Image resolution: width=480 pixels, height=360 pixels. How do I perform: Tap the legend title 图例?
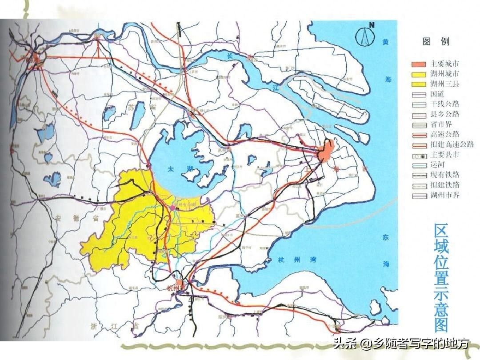pos(436,42)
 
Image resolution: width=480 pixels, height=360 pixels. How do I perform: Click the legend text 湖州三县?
pos(444,84)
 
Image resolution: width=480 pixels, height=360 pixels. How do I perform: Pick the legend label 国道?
pos(437,94)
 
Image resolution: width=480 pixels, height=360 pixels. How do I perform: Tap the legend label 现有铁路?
pos(444,175)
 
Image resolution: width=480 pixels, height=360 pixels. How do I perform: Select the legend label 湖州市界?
pos(444,195)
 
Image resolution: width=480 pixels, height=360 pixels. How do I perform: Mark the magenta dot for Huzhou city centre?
pos(172,208)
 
